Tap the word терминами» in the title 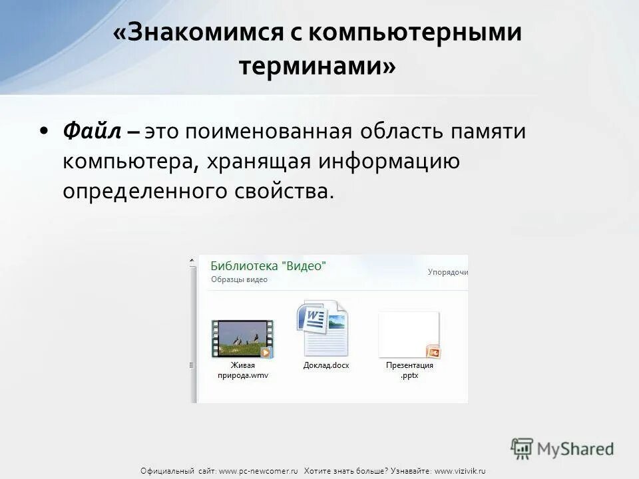(x=317, y=66)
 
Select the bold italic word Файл (x=92, y=131)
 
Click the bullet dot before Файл (x=44, y=131)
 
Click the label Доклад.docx (x=326, y=365)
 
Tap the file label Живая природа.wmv (x=242, y=370)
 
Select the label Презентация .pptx (x=409, y=370)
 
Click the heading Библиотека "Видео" (x=268, y=265)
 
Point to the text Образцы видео (x=239, y=279)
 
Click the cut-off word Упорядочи (x=447, y=272)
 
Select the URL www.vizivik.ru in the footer (x=460, y=471)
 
